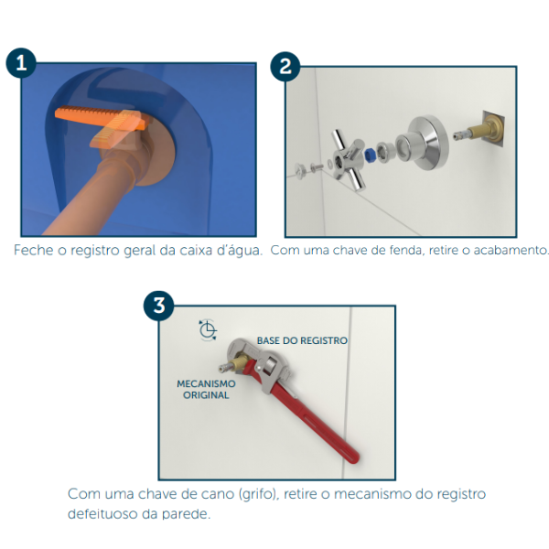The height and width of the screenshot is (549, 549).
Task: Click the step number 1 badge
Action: pos(21,63)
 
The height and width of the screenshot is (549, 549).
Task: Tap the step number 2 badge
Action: pos(285,67)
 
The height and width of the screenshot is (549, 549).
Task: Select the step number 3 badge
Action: pos(159,306)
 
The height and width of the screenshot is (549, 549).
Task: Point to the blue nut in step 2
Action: pos(369,155)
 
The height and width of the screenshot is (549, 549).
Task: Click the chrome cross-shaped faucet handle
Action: pos(348,159)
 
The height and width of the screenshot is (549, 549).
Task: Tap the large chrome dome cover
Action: pos(423,143)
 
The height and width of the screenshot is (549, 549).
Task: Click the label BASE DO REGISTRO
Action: pos(302,340)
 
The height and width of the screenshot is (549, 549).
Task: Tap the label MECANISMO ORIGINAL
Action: pos(206,390)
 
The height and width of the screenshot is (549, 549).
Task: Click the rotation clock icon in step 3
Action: pos(208,329)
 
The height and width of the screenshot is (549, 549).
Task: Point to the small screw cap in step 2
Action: pos(301,171)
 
